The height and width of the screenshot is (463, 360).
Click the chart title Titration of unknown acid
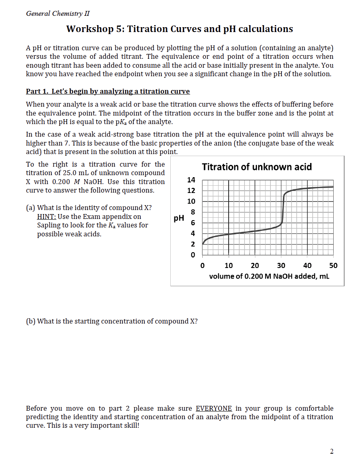257,167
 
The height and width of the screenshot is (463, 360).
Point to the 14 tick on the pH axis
191,180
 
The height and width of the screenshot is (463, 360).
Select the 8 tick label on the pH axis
193,212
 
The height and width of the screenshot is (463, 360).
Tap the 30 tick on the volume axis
281,266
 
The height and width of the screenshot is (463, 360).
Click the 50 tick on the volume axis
333,266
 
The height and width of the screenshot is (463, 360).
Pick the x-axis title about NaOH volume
269,276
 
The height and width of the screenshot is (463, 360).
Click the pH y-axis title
178,218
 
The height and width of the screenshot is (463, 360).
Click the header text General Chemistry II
58,13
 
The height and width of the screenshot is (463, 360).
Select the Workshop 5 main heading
180,29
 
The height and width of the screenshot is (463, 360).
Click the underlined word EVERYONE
214,408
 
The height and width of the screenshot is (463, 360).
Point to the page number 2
332,452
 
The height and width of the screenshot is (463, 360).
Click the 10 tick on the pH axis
191,201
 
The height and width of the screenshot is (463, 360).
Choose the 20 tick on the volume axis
255,266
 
